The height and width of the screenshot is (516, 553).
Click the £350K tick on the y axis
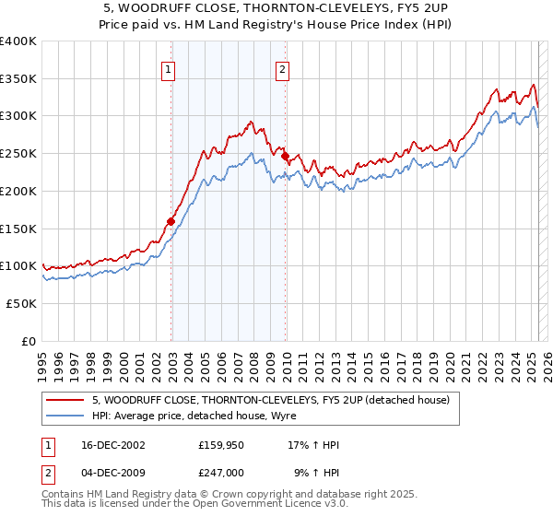coord(18,78)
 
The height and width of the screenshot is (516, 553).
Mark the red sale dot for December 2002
coord(171,221)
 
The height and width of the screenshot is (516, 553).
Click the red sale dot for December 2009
coord(286,156)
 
